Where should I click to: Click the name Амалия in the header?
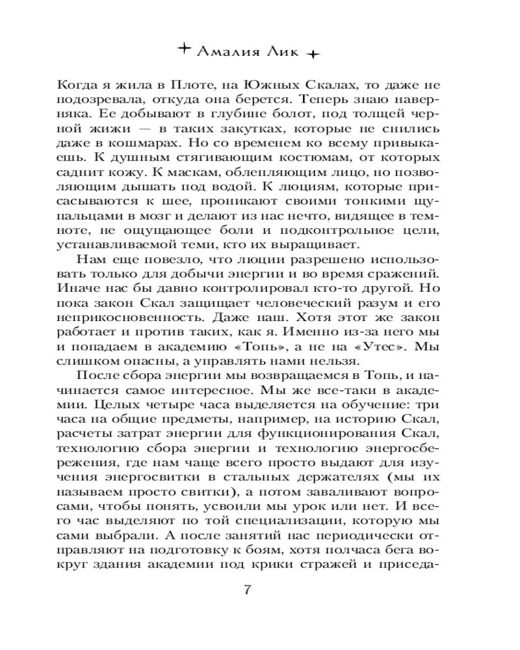[x=226, y=53]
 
